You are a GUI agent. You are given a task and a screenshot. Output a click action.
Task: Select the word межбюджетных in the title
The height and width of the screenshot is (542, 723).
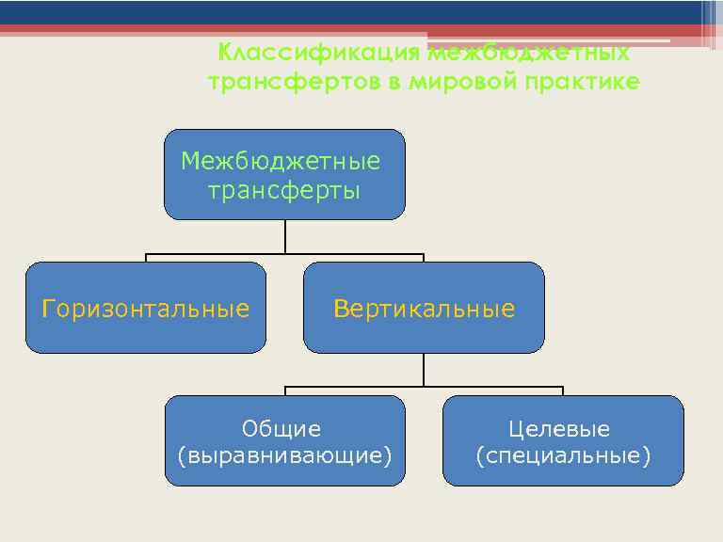click(x=529, y=53)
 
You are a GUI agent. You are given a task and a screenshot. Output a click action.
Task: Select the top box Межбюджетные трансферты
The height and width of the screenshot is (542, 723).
click(x=284, y=175)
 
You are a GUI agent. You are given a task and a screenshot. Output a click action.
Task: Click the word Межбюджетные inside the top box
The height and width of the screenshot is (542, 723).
click(x=281, y=161)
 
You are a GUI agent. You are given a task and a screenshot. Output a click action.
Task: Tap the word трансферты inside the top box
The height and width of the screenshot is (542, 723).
click(x=284, y=192)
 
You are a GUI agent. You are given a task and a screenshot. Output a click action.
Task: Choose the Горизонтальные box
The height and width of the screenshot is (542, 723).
click(x=146, y=308)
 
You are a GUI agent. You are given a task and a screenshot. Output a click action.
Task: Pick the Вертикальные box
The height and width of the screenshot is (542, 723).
click(x=424, y=308)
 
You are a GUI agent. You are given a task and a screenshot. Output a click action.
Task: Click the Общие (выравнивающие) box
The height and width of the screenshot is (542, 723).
click(x=284, y=440)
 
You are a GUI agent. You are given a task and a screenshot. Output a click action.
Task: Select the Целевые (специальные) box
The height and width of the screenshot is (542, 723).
click(x=563, y=440)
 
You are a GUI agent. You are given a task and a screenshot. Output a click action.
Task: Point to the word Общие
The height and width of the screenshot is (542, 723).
click(x=281, y=429)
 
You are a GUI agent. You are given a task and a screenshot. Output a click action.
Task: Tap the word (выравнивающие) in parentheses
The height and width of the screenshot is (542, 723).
click(x=284, y=456)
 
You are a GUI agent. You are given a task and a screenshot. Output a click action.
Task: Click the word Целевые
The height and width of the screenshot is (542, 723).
click(x=559, y=429)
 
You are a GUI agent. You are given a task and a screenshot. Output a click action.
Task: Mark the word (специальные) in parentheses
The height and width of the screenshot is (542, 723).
click(x=563, y=456)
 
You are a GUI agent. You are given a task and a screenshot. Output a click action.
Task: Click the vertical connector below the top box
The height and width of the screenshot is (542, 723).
click(x=284, y=236)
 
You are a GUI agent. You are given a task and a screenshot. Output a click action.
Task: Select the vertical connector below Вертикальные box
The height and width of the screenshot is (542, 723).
click(x=424, y=369)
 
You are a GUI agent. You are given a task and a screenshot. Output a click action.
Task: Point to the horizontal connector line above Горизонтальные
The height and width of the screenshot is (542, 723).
click(x=188, y=254)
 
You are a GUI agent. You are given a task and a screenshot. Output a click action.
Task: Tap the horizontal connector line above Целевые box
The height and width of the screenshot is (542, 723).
click(x=527, y=387)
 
